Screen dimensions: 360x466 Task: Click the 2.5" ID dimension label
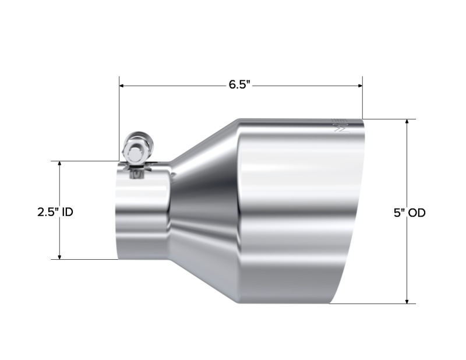(55, 213)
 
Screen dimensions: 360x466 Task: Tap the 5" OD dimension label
(409, 213)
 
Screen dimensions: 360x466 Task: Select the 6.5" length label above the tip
(239, 84)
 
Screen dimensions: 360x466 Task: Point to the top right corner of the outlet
(364, 120)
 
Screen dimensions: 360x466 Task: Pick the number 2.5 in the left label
(48, 213)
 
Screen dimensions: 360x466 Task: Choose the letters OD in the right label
(416, 213)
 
